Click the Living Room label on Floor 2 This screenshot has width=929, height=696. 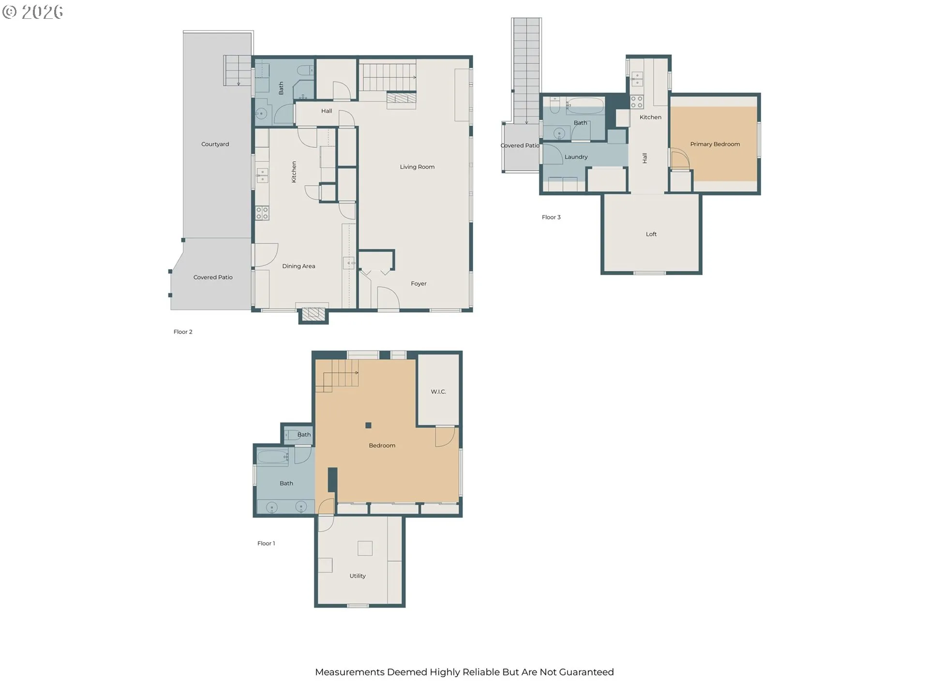pyautogui.click(x=417, y=167)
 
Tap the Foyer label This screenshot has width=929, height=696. pyautogui.click(x=419, y=284)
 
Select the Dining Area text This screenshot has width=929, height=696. pyautogui.click(x=299, y=266)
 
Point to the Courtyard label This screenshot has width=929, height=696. pyautogui.click(x=215, y=144)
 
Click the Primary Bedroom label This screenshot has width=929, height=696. pyautogui.click(x=715, y=144)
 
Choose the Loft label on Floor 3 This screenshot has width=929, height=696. pyautogui.click(x=651, y=234)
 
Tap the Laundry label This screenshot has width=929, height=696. pyautogui.click(x=576, y=157)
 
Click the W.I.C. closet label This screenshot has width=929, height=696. pyautogui.click(x=438, y=391)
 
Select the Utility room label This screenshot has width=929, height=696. pyautogui.click(x=358, y=576)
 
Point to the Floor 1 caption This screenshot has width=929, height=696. pyautogui.click(x=266, y=543)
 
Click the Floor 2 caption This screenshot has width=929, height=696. pyautogui.click(x=183, y=332)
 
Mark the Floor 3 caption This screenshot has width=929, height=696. pyautogui.click(x=551, y=217)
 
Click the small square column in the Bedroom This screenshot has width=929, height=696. pyautogui.click(x=368, y=425)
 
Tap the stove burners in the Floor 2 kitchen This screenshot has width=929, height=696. pyautogui.click(x=262, y=213)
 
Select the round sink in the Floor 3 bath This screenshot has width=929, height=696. pyautogui.click(x=559, y=133)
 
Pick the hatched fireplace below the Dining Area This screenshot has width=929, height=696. pyautogui.click(x=314, y=315)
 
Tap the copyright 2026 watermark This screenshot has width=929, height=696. pyautogui.click(x=33, y=12)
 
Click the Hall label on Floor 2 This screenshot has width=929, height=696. pyautogui.click(x=327, y=111)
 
